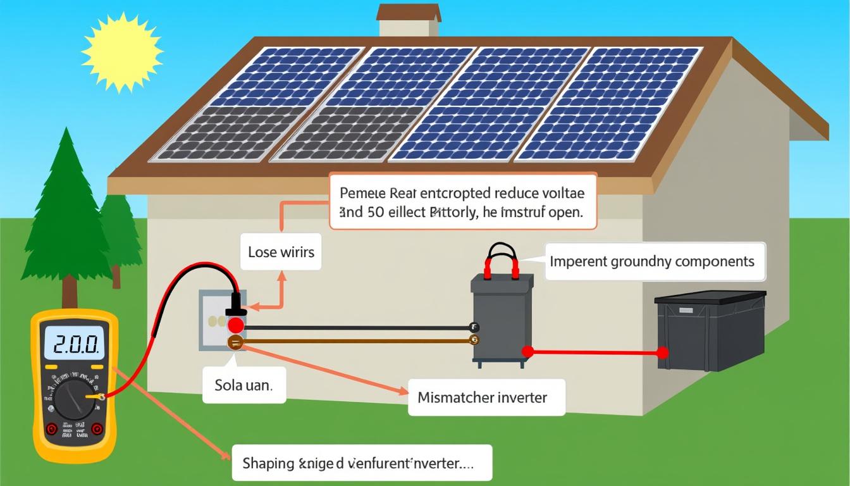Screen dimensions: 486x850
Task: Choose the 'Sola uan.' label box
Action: point(244,384)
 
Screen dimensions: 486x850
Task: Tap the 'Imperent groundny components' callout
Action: point(651,261)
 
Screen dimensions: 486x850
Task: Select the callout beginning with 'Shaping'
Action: point(361,463)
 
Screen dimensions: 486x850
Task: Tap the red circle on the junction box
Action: point(235,325)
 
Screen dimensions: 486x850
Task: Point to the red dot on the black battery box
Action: point(662,352)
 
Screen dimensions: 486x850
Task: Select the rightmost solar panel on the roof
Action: point(610,104)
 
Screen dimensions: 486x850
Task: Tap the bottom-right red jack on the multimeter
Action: point(97,429)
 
